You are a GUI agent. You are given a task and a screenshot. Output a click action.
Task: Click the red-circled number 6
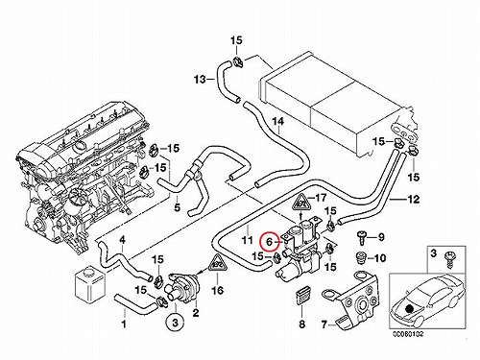(x=269, y=241)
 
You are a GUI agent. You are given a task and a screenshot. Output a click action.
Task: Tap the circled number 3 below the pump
(x=175, y=324)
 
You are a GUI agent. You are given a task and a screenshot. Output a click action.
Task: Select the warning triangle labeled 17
(x=301, y=202)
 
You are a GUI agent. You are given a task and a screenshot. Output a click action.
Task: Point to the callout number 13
(x=201, y=79)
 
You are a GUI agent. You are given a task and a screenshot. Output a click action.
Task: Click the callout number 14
(x=277, y=121)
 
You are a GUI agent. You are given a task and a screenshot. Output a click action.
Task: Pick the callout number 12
(x=414, y=199)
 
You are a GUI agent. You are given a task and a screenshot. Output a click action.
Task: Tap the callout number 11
(x=247, y=239)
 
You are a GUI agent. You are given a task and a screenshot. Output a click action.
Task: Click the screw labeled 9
(x=362, y=236)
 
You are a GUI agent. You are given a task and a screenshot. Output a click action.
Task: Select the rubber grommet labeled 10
(x=362, y=257)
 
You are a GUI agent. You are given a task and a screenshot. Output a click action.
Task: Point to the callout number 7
(x=324, y=325)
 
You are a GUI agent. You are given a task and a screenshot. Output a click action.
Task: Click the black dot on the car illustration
(x=408, y=308)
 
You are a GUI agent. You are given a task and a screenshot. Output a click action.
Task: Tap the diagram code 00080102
(x=408, y=334)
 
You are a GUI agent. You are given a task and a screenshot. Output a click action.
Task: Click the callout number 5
(x=177, y=207)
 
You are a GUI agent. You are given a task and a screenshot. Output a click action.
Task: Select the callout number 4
(x=122, y=240)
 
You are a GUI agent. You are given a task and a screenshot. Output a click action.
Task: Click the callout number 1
(x=124, y=324)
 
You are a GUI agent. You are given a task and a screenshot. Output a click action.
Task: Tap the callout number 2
(x=195, y=312)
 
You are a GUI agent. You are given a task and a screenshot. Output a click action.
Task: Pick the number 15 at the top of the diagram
(x=236, y=40)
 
